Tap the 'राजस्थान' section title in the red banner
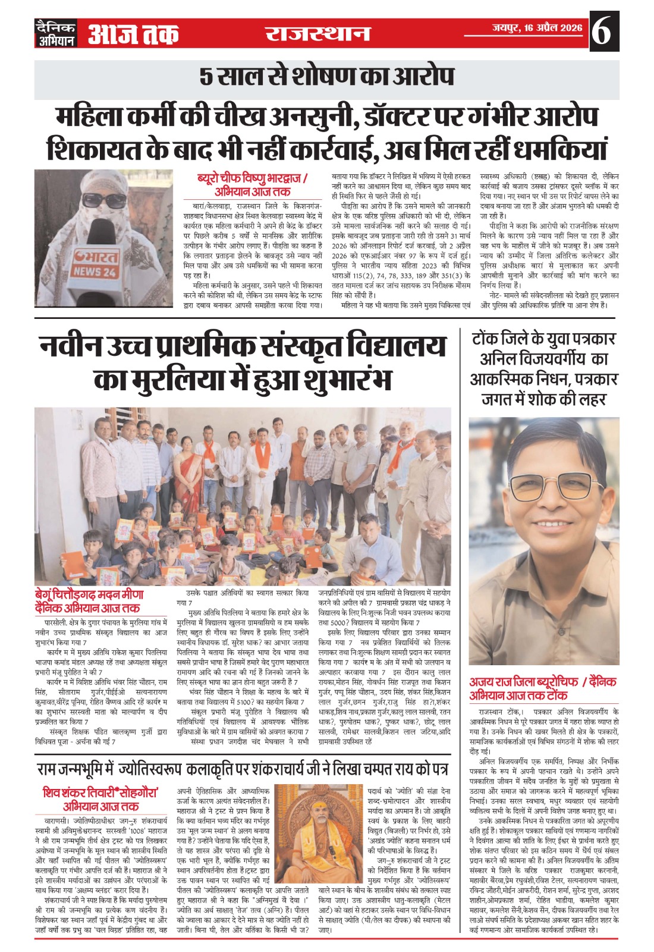tap(317, 33)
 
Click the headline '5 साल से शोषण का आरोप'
tap(326, 77)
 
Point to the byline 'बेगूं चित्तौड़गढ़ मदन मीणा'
tap(89, 594)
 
